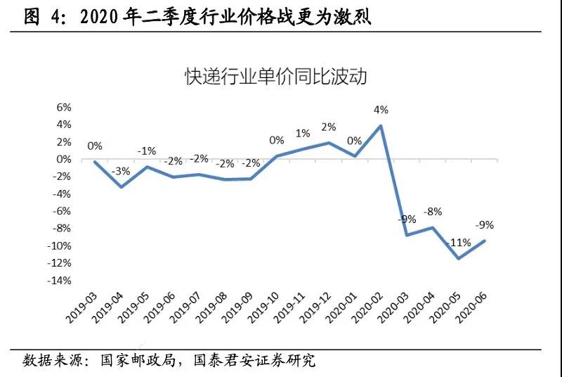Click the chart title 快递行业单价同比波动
(275, 76)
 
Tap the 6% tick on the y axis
(63, 108)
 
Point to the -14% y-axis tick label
(58, 281)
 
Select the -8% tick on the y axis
(60, 229)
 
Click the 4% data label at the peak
(381, 110)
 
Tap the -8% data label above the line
(432, 211)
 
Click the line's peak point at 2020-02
(381, 126)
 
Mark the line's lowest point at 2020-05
(459, 258)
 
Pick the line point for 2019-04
(121, 186)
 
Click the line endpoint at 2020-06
(485, 241)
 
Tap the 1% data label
(303, 134)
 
